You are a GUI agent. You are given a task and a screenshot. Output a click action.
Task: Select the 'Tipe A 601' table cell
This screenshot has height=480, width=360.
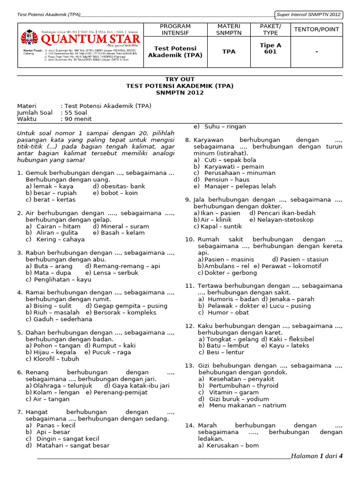click(x=270, y=49)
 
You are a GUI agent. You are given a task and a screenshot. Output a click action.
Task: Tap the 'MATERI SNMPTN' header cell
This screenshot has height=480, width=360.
click(x=229, y=30)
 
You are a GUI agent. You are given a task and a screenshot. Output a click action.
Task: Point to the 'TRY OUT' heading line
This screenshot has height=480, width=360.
click(x=180, y=79)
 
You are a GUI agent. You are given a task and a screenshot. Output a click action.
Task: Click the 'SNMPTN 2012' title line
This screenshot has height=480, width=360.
click(x=180, y=93)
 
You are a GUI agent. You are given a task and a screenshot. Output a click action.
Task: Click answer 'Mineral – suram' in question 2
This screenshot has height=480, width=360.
click(x=117, y=226)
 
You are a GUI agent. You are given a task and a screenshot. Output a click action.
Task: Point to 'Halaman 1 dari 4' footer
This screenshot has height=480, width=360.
click(x=317, y=456)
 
